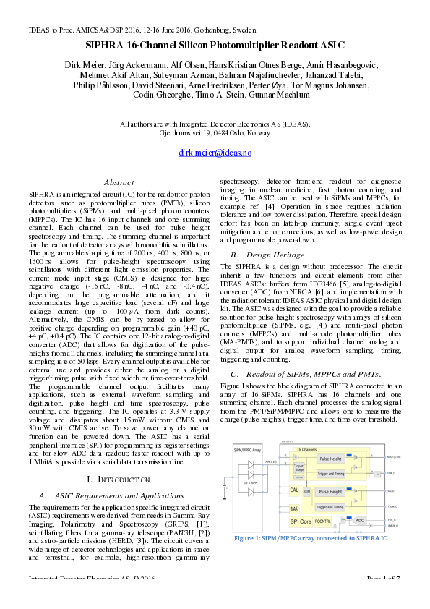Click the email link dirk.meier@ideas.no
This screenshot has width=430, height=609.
(x=215, y=153)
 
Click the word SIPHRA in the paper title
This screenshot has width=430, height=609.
(x=109, y=45)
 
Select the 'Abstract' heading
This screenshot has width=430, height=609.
(x=119, y=183)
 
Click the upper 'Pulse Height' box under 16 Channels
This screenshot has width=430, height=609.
(x=330, y=459)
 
